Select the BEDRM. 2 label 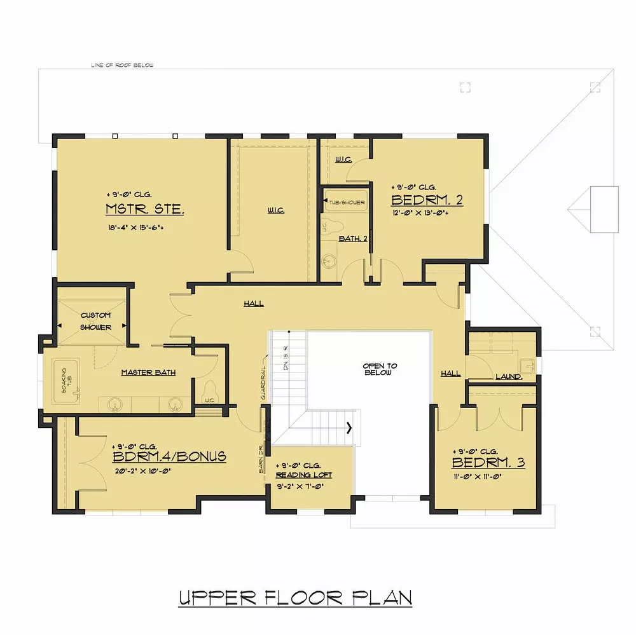(x=427, y=200)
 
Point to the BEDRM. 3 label (x=488, y=462)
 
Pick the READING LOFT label (x=303, y=475)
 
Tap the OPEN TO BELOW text (x=380, y=369)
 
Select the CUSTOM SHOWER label (x=95, y=321)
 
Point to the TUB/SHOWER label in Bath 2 (x=347, y=202)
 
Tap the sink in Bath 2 (x=329, y=261)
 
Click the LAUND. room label (x=509, y=376)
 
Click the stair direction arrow (x=349, y=428)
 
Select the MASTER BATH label (x=148, y=372)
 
